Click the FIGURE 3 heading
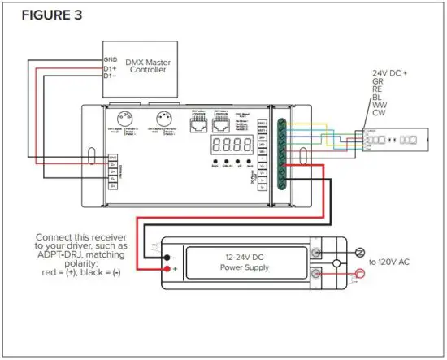51,15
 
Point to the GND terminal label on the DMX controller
111,59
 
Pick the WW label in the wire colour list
378,105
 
